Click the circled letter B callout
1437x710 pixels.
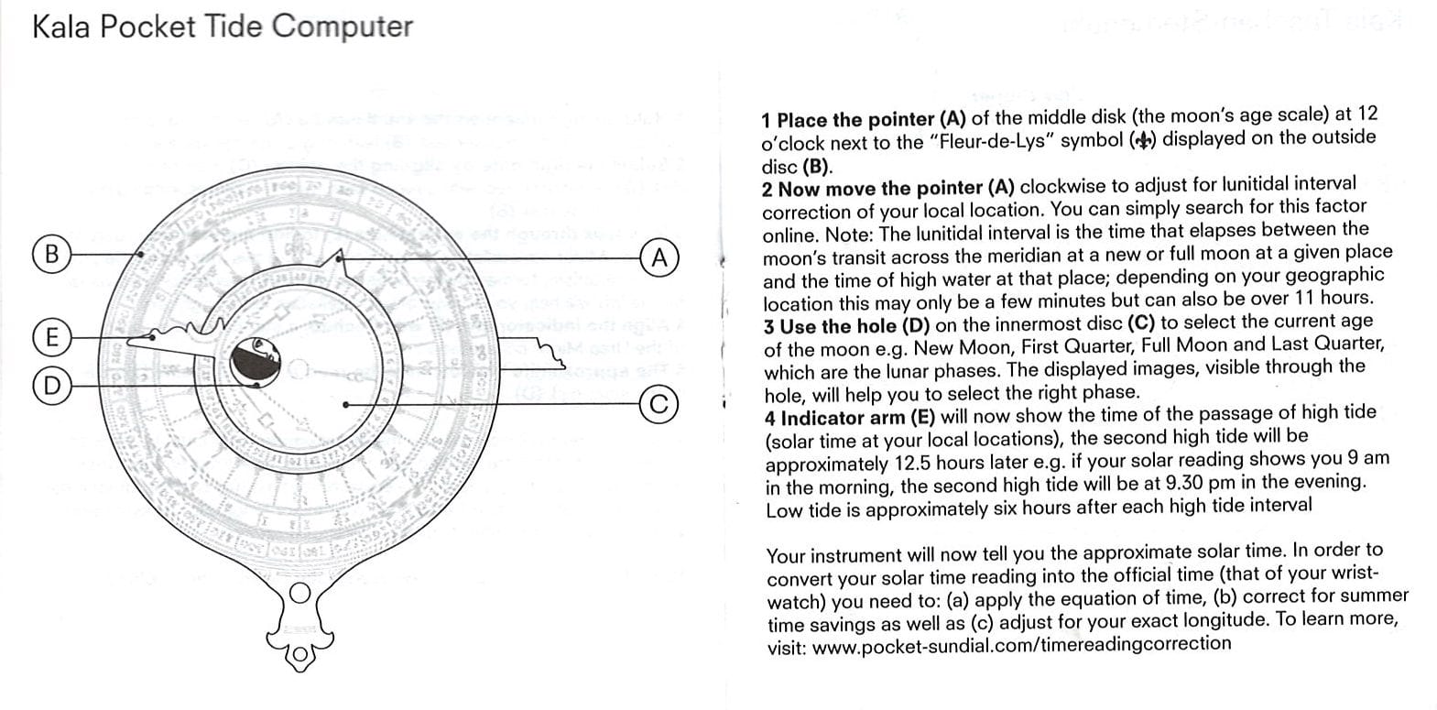click(x=51, y=252)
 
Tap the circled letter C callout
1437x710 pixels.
click(x=658, y=403)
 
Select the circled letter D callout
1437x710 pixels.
click(x=51, y=385)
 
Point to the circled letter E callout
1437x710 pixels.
click(x=51, y=337)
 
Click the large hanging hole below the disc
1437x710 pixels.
click(x=299, y=593)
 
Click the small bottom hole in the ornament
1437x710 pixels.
click(x=299, y=654)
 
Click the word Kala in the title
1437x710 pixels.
click(x=60, y=27)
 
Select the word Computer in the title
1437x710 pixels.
click(x=343, y=27)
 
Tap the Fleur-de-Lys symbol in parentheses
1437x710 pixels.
click(x=1143, y=140)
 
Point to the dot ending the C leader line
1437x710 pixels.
click(x=345, y=404)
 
